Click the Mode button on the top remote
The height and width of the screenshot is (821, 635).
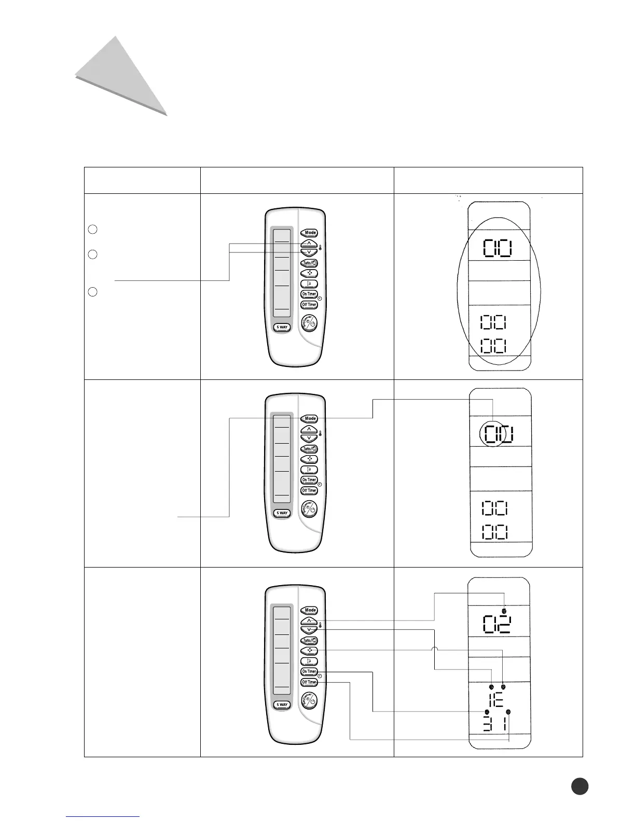pos(310,233)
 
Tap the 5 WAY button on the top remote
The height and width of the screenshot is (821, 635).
pos(282,327)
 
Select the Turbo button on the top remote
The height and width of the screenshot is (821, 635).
pos(309,263)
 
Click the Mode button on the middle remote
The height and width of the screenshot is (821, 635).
pos(310,418)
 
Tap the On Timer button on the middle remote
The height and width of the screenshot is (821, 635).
pos(309,479)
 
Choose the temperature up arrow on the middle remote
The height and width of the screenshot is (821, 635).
pos(309,429)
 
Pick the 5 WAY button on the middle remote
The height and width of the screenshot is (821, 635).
pos(282,513)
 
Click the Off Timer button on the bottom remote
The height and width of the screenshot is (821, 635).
pos(309,682)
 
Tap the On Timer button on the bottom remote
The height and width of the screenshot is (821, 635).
pos(309,671)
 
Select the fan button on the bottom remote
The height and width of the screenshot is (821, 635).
pos(309,650)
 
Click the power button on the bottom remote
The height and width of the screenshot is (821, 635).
pos(310,701)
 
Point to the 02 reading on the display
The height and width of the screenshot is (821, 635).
pos(496,625)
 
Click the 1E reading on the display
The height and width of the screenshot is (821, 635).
pos(496,700)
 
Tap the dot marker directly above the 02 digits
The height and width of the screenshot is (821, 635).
pos(504,612)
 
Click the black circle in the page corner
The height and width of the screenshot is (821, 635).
pos(579,786)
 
